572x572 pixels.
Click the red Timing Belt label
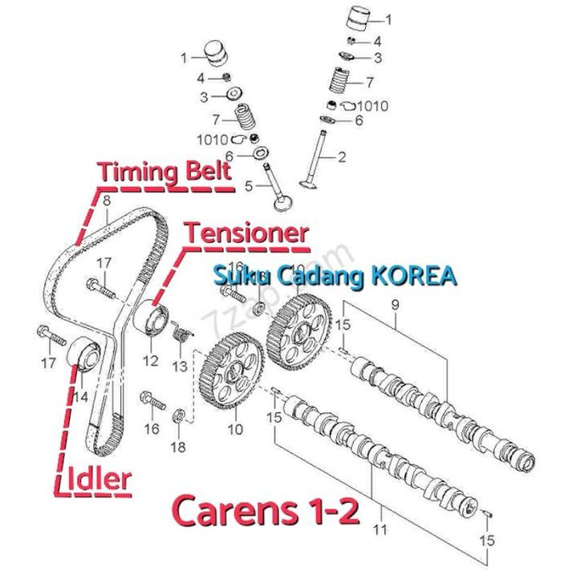pyautogui.click(x=164, y=172)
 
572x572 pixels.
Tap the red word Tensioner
pyautogui.click(x=246, y=233)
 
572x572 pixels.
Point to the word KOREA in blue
pyautogui.click(x=414, y=277)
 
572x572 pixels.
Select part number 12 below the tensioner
pyautogui.click(x=151, y=360)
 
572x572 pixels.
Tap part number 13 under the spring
pyautogui.click(x=178, y=366)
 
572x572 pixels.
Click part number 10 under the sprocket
pyautogui.click(x=234, y=429)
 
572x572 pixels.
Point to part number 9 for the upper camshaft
pyautogui.click(x=395, y=305)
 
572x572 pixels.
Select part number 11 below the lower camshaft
pyautogui.click(x=379, y=529)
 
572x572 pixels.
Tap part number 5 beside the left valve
pyautogui.click(x=249, y=186)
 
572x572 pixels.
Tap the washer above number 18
pyautogui.click(x=180, y=416)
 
